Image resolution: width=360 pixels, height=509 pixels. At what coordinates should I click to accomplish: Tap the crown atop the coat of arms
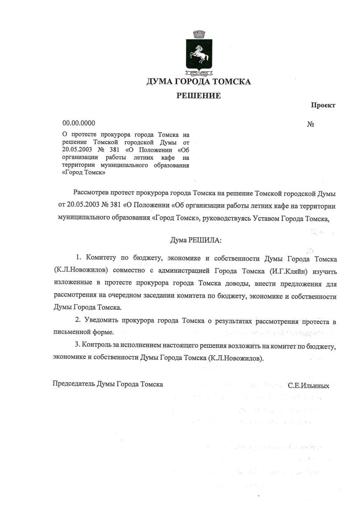(x=199, y=33)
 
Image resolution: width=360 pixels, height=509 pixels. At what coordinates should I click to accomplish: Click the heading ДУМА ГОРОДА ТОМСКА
(x=199, y=82)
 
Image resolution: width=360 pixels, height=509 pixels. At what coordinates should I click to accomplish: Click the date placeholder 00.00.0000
(x=79, y=123)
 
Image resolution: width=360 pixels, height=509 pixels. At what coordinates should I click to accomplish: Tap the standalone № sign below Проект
(x=311, y=124)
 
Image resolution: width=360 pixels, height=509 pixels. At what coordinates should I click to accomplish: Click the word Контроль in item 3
(x=97, y=346)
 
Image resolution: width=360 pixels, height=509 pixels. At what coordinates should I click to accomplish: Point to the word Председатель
(x=74, y=384)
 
